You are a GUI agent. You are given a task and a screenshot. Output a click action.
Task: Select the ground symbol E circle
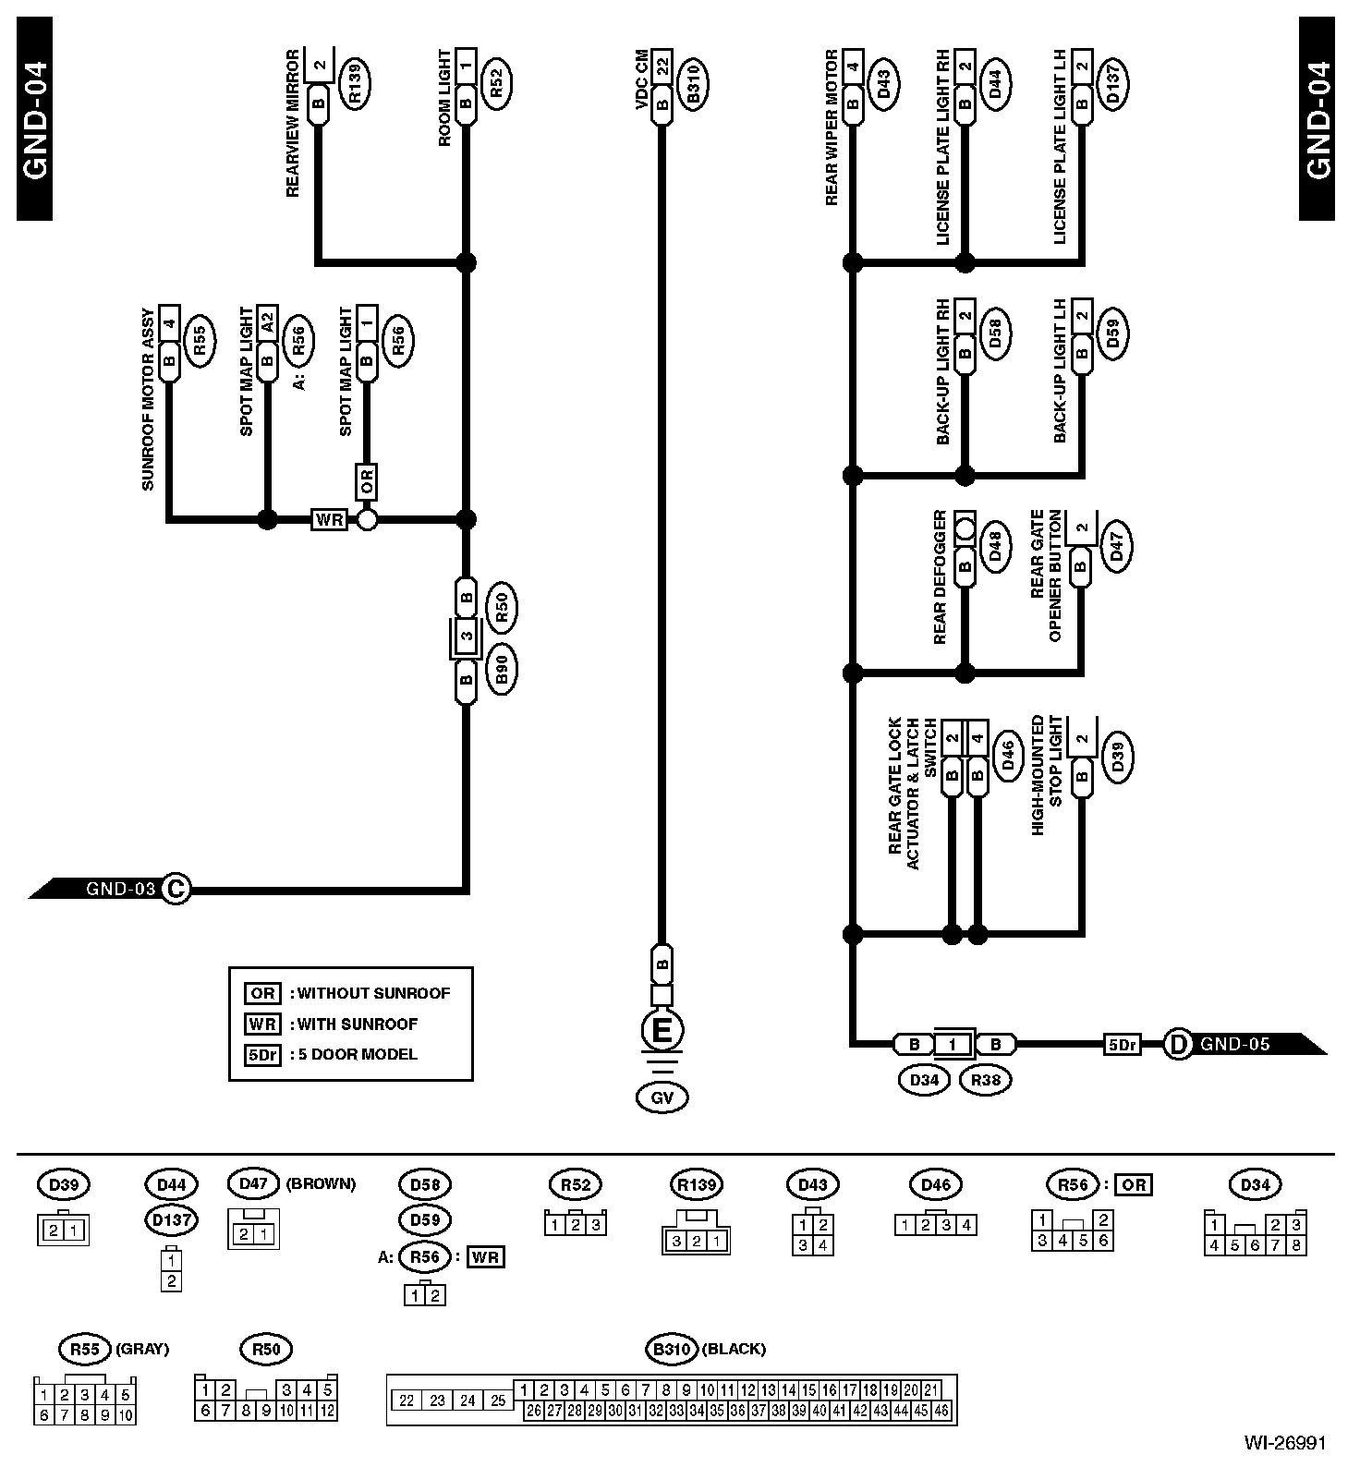(662, 1031)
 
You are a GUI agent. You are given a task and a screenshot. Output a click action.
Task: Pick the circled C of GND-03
(176, 890)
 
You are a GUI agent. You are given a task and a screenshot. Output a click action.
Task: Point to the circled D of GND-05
(1178, 1045)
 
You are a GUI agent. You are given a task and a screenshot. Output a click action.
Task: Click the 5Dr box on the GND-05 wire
(1122, 1045)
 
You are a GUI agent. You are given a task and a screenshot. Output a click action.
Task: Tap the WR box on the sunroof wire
(329, 519)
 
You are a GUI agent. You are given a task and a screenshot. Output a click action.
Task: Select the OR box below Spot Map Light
(367, 481)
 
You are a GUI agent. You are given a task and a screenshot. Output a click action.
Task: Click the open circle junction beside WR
(367, 519)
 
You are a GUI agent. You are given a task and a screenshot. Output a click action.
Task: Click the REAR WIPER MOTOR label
(832, 128)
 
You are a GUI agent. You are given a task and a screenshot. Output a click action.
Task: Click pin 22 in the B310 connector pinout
(407, 1400)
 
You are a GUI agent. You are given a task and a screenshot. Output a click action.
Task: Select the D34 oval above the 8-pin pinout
(1255, 1184)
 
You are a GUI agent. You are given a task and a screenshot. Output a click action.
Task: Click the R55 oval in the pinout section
(84, 1349)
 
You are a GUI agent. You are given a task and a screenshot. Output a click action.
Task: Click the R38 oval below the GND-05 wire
(987, 1079)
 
